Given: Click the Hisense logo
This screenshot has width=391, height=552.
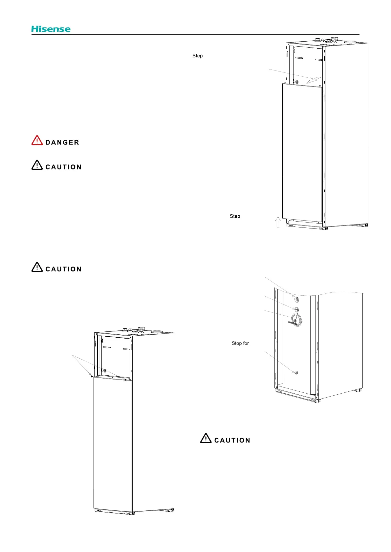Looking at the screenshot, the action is [51, 29].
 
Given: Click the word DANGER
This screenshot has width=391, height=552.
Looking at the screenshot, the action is [62, 143].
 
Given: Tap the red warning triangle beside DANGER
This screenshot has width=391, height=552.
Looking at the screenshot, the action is [37, 140].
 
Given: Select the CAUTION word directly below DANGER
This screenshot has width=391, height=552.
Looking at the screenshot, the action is [63, 167].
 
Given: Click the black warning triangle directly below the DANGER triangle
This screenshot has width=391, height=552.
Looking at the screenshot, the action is [37, 165].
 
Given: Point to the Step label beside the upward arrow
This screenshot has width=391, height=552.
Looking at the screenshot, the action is [235, 216].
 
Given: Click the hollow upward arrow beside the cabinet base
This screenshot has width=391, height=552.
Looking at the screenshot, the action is [278, 222].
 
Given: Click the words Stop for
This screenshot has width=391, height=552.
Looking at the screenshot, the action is [240, 343].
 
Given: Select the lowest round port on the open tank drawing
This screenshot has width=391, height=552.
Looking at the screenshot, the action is [296, 373].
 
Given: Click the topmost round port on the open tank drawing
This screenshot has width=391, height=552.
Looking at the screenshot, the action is [296, 299].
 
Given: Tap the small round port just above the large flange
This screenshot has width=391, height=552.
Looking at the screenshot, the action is [296, 309].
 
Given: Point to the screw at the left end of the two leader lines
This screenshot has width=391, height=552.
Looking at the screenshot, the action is [92, 377].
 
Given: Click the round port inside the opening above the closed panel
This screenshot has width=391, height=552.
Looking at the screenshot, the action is [105, 370].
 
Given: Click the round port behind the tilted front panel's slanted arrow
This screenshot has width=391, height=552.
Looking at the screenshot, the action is [297, 82].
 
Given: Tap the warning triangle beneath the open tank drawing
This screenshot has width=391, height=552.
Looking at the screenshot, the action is [206, 438].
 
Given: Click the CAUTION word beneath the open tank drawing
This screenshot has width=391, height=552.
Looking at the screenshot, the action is [232, 441].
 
